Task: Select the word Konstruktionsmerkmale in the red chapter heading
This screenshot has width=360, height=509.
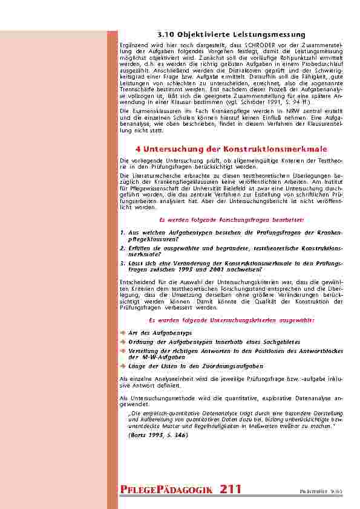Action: point(284,148)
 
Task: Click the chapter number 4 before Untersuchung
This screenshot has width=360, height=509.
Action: point(139,148)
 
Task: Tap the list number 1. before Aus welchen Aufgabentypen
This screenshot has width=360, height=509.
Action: point(122,232)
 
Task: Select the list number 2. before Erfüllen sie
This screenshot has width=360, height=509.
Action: point(122,247)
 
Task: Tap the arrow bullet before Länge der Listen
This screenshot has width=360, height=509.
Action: point(123,366)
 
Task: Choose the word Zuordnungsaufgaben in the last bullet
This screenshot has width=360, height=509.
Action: point(235,366)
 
